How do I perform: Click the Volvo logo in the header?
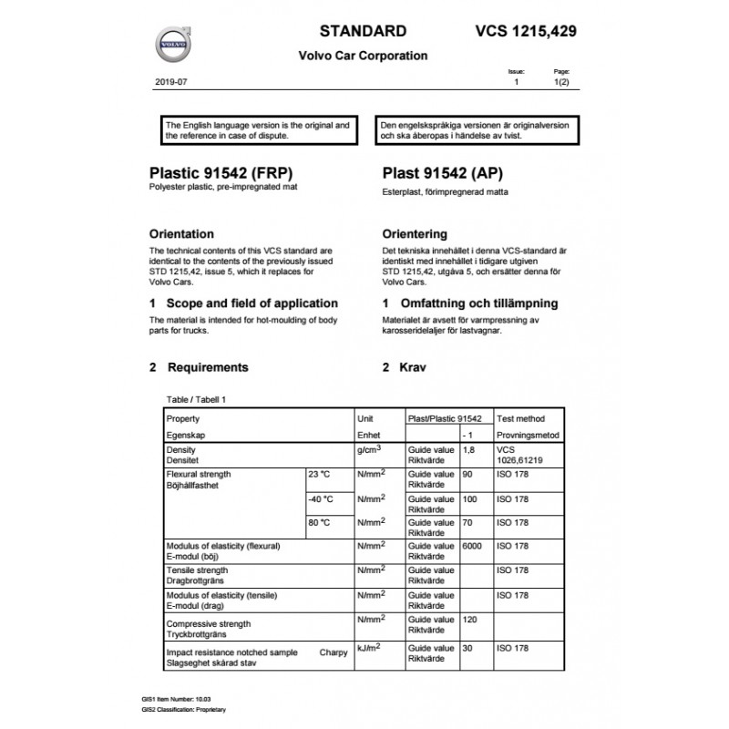[x=171, y=43]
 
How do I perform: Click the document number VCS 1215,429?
[x=526, y=31]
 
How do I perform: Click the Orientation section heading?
[x=181, y=233]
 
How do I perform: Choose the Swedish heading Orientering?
[x=415, y=233]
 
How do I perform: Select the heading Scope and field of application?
[x=243, y=303]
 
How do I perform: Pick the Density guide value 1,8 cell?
[x=469, y=450]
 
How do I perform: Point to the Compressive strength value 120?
[x=471, y=620]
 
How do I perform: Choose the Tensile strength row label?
[x=197, y=570]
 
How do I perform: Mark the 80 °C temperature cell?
[x=319, y=523]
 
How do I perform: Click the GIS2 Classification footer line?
[x=183, y=709]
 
